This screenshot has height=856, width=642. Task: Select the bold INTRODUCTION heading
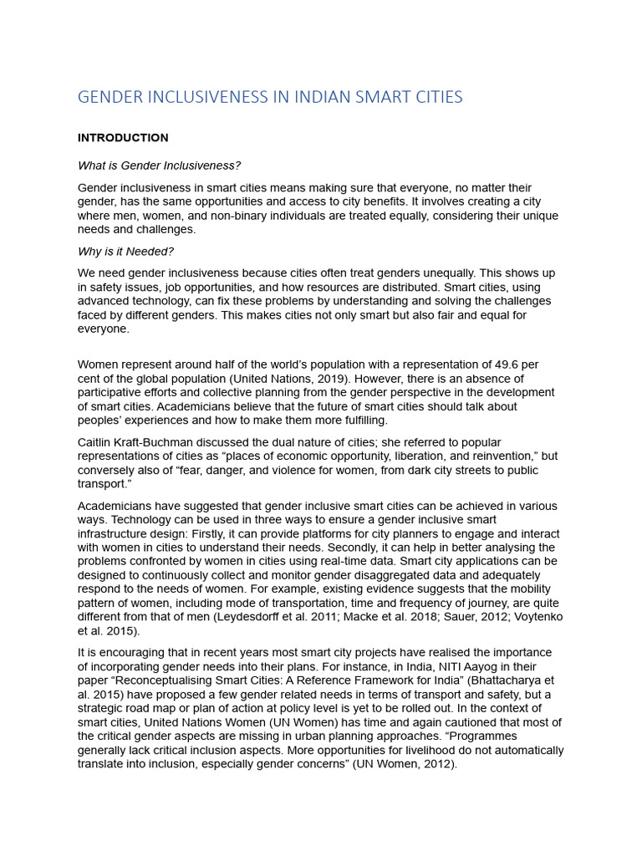pyautogui.click(x=123, y=138)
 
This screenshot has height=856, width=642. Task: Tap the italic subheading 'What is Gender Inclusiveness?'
pyautogui.click(x=159, y=166)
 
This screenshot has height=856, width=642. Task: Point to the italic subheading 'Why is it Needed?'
pyautogui.click(x=125, y=252)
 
